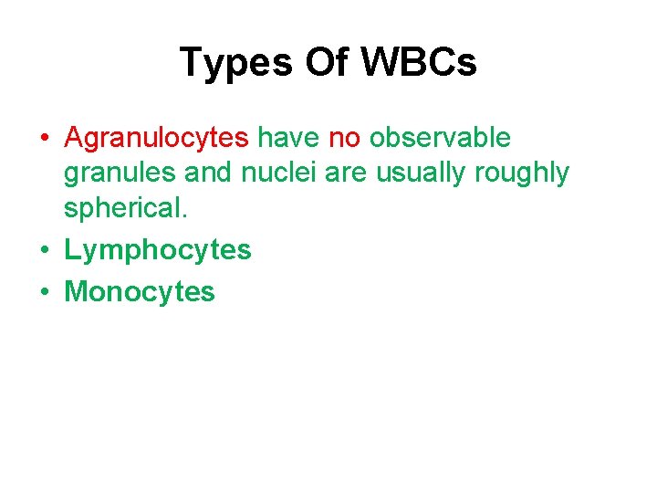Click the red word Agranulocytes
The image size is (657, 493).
pos(156,138)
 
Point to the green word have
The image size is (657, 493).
pos(287,138)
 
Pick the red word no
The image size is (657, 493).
pos(344,138)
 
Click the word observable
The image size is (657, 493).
pos(440,138)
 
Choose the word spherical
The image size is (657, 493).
pos(123,208)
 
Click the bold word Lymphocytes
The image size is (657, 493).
pos(157,250)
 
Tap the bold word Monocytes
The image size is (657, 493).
pos(140,292)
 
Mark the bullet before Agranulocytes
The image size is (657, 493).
pos(44,139)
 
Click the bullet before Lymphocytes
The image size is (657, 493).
pos(44,250)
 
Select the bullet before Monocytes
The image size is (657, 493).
pos(44,292)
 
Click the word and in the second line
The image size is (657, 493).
pos(208,173)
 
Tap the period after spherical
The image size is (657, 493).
pos(185,215)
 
